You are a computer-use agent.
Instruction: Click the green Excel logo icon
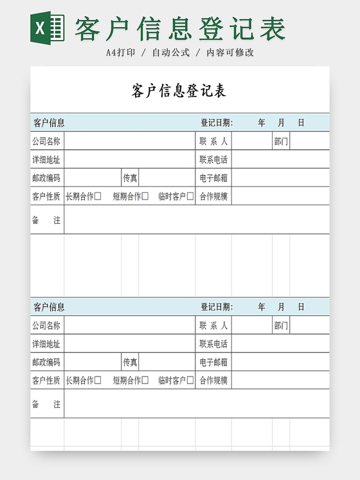coord(48,28)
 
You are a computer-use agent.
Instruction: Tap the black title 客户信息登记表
coord(179,91)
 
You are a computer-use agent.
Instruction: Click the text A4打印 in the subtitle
coord(120,53)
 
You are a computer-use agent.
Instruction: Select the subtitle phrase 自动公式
coord(170,53)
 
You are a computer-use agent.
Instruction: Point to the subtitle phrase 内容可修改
coord(230,53)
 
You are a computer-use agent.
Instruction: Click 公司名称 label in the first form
coord(46,142)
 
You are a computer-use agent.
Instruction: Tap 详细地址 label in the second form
coord(46,344)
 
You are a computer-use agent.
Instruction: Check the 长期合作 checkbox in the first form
coord(98,196)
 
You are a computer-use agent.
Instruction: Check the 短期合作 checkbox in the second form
coord(145,380)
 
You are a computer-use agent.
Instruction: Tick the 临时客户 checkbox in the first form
coord(190,196)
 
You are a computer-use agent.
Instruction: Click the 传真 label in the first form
coord(130,178)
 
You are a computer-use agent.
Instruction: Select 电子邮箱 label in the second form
coord(213,362)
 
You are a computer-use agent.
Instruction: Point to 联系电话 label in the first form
coord(213,160)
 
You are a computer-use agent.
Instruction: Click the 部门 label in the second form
coord(281,326)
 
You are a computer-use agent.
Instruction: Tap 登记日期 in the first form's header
coord(217,123)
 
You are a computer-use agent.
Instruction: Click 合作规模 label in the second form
coord(213,380)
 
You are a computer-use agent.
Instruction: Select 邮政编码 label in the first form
coord(46,178)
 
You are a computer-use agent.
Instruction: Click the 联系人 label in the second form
coord(213,326)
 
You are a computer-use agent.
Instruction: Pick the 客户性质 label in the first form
coord(46,196)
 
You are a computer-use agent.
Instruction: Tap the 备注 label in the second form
coord(46,404)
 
